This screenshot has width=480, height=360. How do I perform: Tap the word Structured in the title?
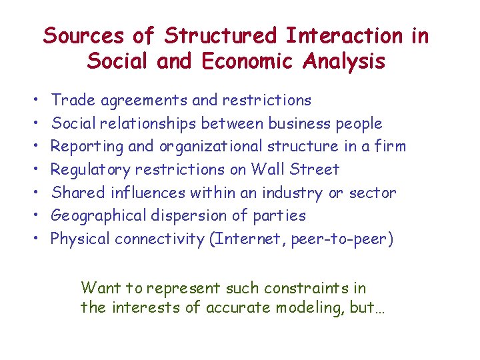pos(220,35)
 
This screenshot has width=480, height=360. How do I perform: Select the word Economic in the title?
pos(247,61)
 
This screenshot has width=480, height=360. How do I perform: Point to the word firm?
pos(389,146)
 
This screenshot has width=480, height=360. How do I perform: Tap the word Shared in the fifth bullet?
pos(76,193)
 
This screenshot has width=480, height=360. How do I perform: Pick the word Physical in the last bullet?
pos(80,239)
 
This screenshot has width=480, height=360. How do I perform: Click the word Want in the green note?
pos(99,288)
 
